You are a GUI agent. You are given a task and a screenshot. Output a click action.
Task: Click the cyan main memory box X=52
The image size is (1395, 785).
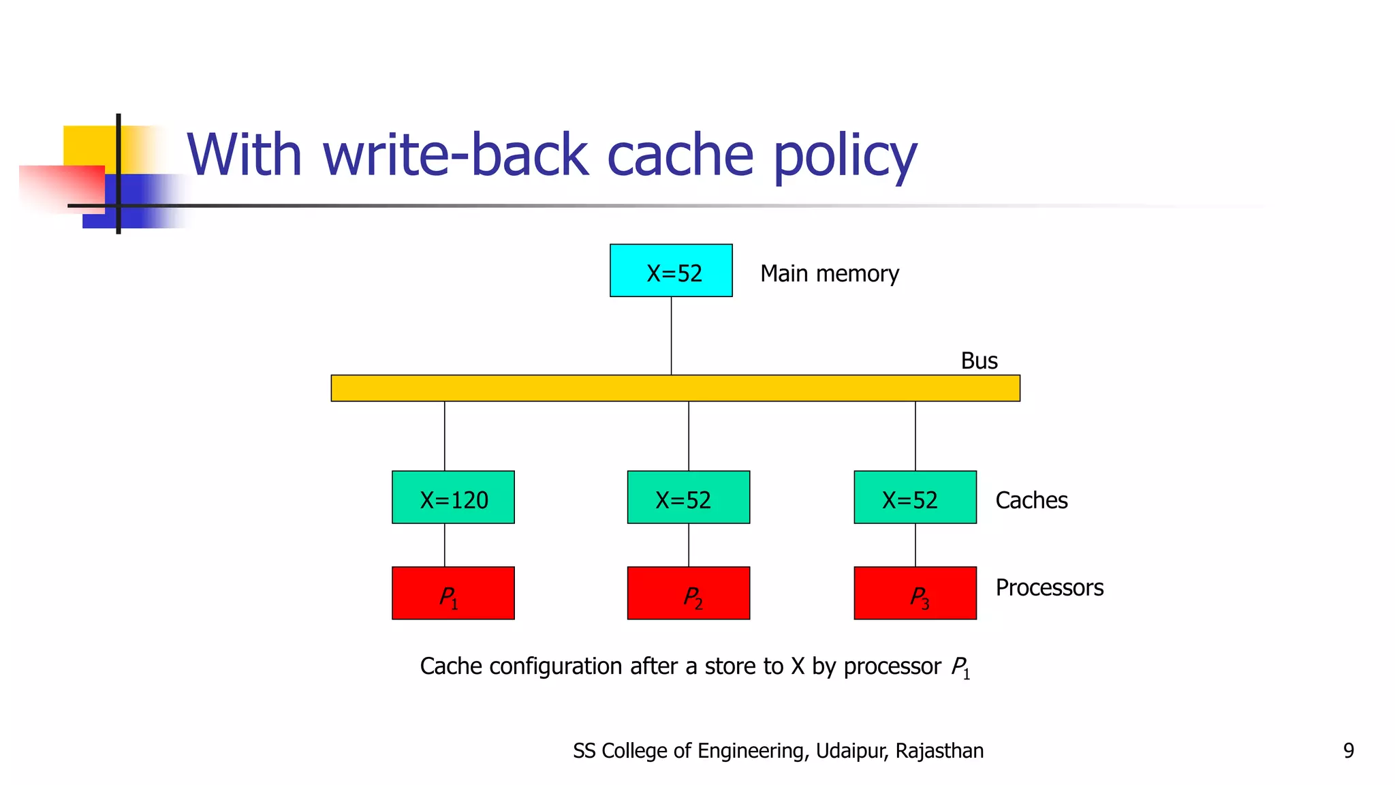tap(671, 271)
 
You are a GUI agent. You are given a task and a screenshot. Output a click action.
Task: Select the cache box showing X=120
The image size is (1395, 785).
tap(453, 497)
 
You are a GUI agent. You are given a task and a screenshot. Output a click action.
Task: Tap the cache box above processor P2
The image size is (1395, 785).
tap(688, 497)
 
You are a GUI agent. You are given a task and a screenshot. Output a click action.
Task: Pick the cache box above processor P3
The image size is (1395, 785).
tap(915, 497)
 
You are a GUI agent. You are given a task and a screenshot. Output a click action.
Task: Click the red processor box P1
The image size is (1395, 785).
tap(453, 594)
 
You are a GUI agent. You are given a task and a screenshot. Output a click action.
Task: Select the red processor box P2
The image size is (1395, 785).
tap(688, 594)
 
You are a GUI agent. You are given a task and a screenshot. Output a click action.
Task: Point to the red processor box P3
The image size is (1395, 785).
tap(915, 594)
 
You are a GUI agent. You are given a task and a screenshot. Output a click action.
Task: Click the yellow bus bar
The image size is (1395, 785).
tap(675, 388)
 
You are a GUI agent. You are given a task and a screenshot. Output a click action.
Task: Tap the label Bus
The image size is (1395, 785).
tap(979, 361)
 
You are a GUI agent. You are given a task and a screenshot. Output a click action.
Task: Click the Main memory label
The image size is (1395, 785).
tap(829, 274)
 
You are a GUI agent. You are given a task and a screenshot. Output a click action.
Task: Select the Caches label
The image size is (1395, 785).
tap(1031, 501)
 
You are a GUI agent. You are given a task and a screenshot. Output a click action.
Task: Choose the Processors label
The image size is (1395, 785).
tap(1049, 587)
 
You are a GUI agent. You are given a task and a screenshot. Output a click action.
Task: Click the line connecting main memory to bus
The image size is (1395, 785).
tap(671, 335)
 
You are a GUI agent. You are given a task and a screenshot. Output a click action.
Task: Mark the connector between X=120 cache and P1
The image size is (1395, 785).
tap(445, 545)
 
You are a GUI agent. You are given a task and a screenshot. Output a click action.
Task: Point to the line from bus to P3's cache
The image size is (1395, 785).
tap(915, 436)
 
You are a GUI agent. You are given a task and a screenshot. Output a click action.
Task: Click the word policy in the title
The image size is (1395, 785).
tap(845, 157)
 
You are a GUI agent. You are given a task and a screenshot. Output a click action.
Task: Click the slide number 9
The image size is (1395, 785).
tap(1348, 751)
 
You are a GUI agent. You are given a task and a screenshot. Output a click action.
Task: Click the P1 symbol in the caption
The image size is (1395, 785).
tap(960, 668)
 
